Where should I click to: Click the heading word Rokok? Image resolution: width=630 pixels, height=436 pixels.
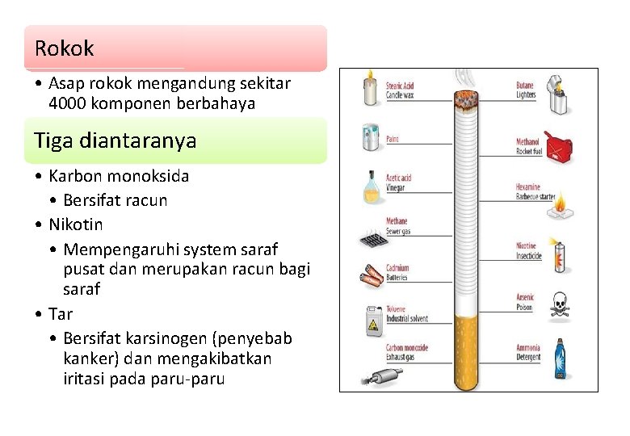pyautogui.click(x=64, y=48)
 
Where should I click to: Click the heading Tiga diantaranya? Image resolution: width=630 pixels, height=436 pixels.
pyautogui.click(x=115, y=140)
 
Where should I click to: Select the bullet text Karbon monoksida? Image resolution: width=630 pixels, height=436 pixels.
pyautogui.click(x=119, y=176)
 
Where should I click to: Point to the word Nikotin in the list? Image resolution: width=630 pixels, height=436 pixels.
pyautogui.click(x=76, y=224)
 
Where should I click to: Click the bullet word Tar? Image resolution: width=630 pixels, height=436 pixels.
pyautogui.click(x=61, y=314)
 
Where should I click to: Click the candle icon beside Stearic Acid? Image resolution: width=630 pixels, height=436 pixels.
pyautogui.click(x=371, y=88)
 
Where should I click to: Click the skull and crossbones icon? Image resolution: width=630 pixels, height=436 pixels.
pyautogui.click(x=559, y=306)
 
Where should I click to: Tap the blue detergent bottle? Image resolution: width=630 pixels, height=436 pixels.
pyautogui.click(x=559, y=359)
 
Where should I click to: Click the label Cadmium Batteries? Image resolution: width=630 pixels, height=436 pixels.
pyautogui.click(x=397, y=272)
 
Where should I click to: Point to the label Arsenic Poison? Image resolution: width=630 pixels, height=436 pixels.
pyautogui.click(x=526, y=302)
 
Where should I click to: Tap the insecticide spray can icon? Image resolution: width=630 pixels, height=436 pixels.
pyautogui.click(x=558, y=255)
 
